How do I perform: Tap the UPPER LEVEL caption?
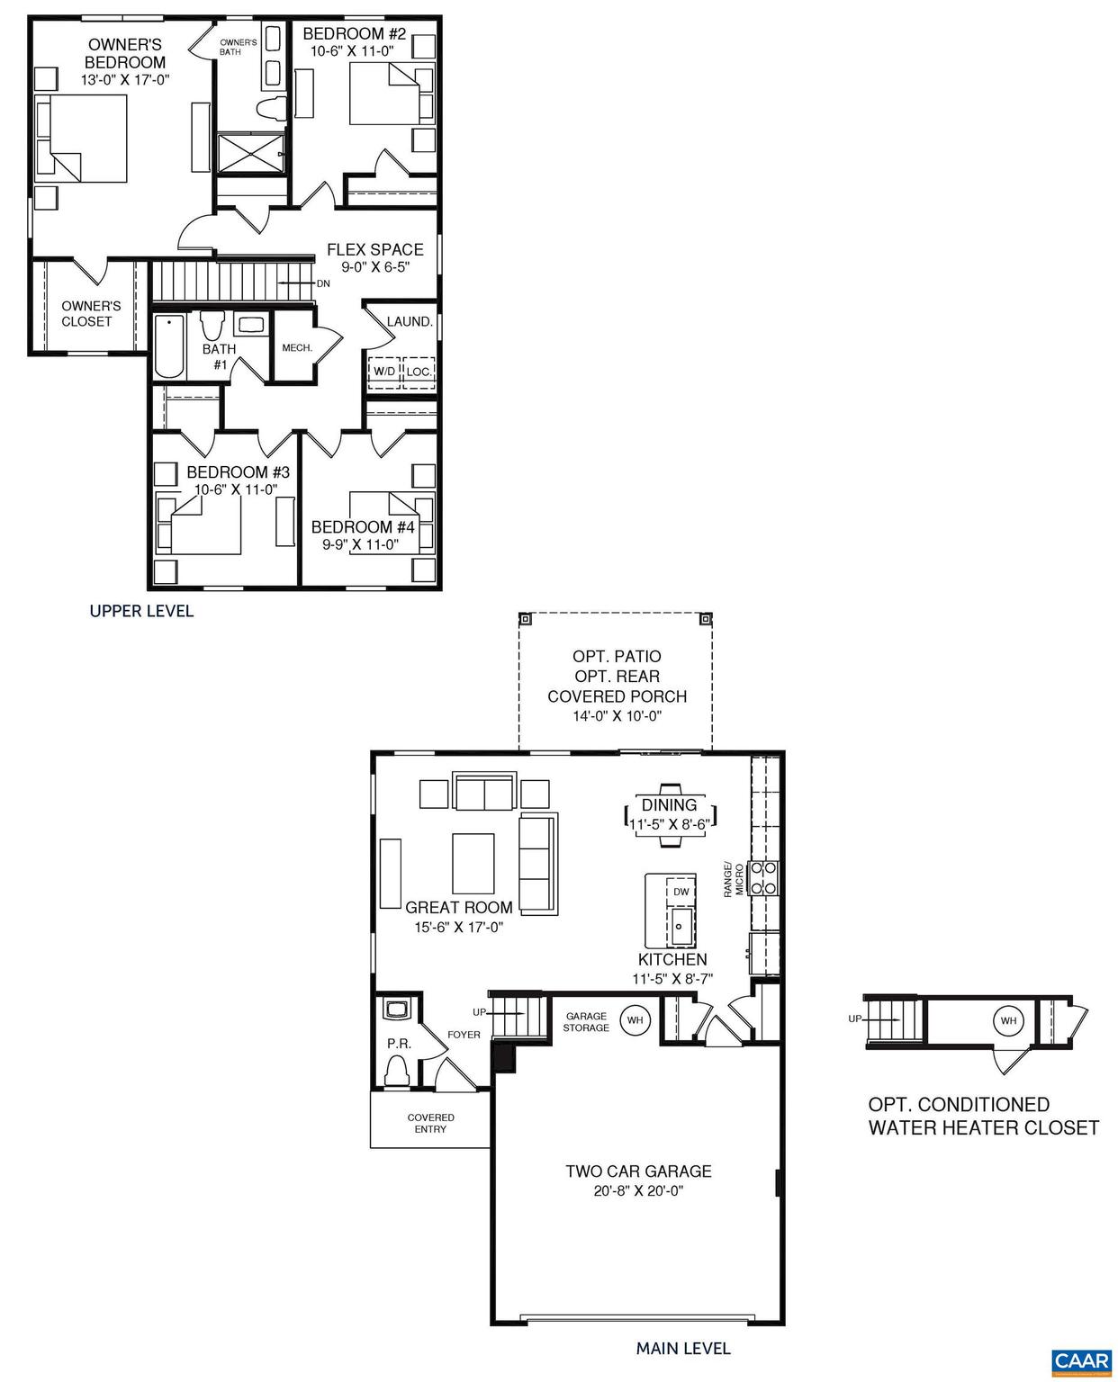[141, 612]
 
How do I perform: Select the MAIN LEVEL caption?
[683, 1348]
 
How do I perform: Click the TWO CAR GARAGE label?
[638, 1171]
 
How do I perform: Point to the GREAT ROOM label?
[458, 908]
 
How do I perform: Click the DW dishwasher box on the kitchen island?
[681, 892]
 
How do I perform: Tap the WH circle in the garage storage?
[635, 1020]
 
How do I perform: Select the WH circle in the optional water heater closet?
[1008, 1021]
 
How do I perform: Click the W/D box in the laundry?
[383, 372]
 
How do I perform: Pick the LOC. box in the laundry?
[419, 372]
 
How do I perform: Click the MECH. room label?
[297, 347]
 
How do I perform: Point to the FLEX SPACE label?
[374, 250]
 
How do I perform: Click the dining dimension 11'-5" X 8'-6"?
[669, 822]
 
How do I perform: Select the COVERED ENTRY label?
[430, 1123]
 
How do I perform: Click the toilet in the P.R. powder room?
[396, 1071]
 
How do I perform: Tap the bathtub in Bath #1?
[168, 347]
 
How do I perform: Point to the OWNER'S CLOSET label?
[87, 314]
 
